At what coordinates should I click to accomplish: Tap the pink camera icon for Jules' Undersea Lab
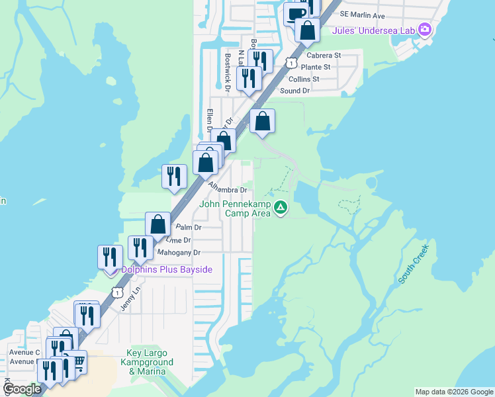(x=425, y=29)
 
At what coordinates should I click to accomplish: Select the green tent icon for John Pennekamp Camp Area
(x=281, y=208)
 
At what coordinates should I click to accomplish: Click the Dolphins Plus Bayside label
(x=166, y=270)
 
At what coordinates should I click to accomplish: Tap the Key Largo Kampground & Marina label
(x=150, y=363)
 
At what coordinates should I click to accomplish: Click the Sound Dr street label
(x=294, y=91)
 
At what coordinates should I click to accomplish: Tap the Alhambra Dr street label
(x=227, y=189)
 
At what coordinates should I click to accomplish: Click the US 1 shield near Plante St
(x=290, y=62)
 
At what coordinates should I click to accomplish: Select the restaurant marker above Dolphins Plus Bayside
(x=110, y=255)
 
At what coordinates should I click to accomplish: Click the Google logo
(x=22, y=389)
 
